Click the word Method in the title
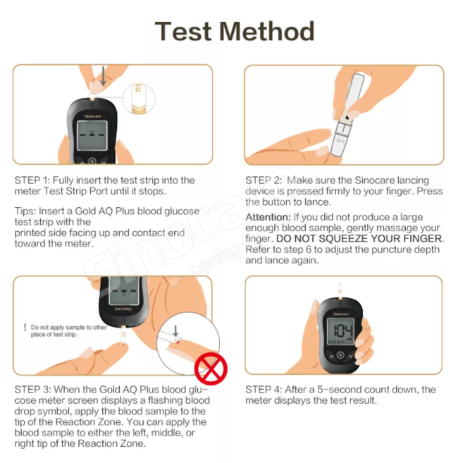click(x=267, y=31)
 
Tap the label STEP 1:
click(x=32, y=180)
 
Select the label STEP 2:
click(x=264, y=180)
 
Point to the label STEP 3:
click(x=33, y=390)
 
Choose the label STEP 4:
click(x=264, y=390)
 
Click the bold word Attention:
click(x=268, y=217)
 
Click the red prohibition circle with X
click(x=211, y=369)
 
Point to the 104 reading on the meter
click(x=343, y=331)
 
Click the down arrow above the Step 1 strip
click(x=103, y=76)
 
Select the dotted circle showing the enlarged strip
click(x=139, y=99)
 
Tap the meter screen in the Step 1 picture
click(x=92, y=135)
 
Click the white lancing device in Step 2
click(x=348, y=115)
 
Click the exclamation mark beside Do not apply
click(x=25, y=327)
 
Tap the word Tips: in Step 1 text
click(x=25, y=211)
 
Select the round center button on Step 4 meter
click(x=340, y=355)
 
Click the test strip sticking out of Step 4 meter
click(x=340, y=291)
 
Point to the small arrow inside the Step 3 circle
click(x=175, y=331)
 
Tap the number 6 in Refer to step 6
click(x=309, y=249)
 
